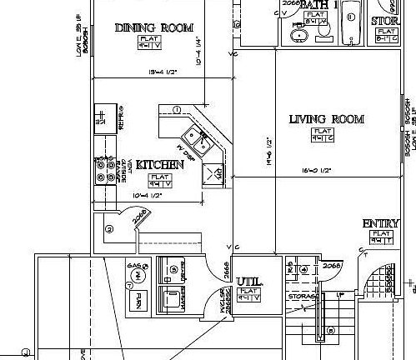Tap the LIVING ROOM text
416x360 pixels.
click(x=326, y=119)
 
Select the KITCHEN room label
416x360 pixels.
click(x=159, y=165)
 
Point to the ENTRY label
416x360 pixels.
click(x=379, y=224)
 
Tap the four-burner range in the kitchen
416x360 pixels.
click(x=106, y=171)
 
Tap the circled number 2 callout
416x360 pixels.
click(x=109, y=228)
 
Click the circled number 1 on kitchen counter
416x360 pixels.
click(x=177, y=110)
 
